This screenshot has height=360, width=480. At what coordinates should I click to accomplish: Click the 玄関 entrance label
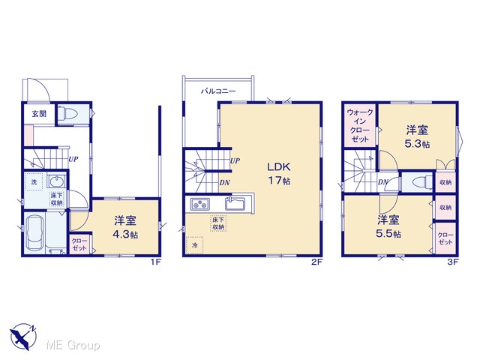pos(39,114)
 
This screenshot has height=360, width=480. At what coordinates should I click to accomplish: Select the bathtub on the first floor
pos(34,233)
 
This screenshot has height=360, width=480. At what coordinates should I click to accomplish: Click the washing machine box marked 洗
pos(34,181)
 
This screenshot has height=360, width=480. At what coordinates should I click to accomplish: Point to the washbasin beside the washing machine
pos(55,181)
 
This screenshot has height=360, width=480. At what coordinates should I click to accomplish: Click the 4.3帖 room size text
pos(125,235)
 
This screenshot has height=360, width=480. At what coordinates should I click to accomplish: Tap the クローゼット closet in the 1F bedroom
pos(79,244)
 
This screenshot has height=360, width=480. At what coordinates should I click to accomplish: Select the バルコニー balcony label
pos(218,91)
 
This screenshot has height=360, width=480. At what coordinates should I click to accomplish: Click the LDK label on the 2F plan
pos(278,167)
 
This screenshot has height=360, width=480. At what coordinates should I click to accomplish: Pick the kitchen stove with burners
pos(200,204)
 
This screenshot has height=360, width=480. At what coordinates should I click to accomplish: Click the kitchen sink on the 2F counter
pos(235,204)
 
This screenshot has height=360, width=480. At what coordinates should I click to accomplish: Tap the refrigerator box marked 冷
pos(194,245)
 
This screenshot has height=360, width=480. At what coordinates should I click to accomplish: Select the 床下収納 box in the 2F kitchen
pos(218,223)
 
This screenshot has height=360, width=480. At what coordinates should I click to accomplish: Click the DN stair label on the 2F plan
pos(225,183)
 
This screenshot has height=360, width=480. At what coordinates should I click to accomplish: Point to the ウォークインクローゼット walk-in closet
pos(360,125)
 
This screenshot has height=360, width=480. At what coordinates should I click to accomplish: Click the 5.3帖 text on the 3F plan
pos(417,144)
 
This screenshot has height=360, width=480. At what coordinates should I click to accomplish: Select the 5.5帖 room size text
pos(388,234)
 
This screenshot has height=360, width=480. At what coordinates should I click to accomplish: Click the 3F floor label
pos(453,262)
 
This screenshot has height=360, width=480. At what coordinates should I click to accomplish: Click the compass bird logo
pos(22,336)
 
